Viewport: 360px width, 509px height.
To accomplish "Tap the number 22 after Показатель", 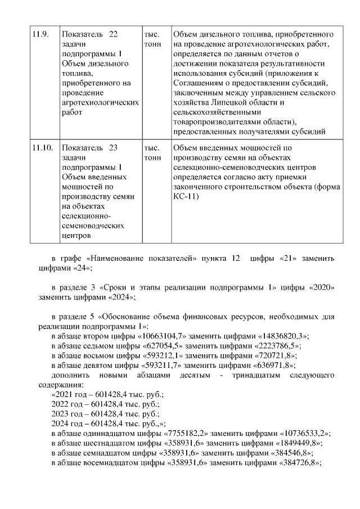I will coord(112,34).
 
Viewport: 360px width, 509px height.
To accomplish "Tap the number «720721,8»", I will coord(268,355).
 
